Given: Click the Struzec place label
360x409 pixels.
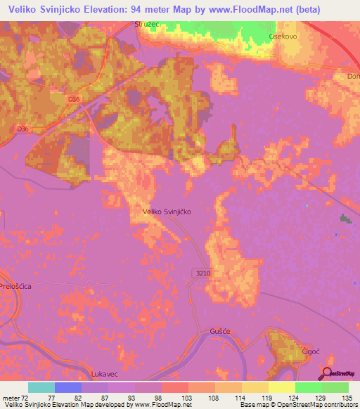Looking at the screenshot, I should click(148, 24).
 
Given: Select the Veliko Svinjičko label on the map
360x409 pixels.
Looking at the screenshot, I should click(167, 210).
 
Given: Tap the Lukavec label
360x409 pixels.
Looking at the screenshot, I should click(106, 375).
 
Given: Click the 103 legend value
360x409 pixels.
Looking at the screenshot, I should click(188, 398).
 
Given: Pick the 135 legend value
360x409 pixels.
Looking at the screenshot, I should click(347, 398).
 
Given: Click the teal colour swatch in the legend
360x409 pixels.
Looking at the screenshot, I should click(41, 387).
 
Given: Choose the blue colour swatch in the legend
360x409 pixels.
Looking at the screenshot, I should click(68, 387).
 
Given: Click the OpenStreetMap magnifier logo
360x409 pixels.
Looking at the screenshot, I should click(328, 374).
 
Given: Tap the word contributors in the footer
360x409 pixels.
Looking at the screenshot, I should click(341, 405).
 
